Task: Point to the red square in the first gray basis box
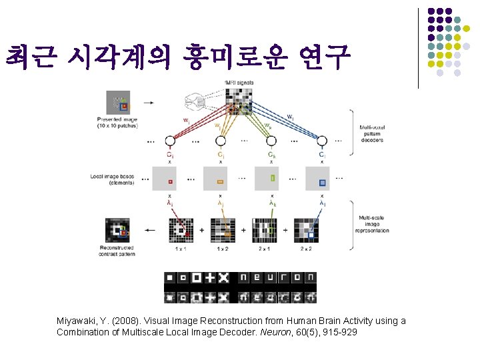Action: (x=170, y=181)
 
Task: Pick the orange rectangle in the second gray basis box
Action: (x=221, y=181)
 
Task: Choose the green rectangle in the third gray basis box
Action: (x=272, y=178)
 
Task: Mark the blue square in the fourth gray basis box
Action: (x=323, y=181)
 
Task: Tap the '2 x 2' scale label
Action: (x=305, y=249)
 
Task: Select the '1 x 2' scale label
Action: (x=222, y=249)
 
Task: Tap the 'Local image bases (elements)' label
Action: (x=113, y=179)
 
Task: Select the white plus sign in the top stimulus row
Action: (x=210, y=277)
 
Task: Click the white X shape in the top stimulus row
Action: (x=223, y=277)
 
